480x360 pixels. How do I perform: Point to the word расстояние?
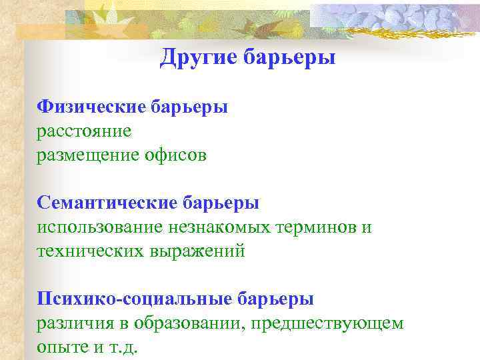(84, 131)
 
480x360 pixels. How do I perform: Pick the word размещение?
(86, 155)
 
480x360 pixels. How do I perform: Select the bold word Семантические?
(107, 203)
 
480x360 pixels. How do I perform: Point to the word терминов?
(316, 227)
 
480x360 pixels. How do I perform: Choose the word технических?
(87, 251)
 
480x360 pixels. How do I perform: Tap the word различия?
(74, 323)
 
